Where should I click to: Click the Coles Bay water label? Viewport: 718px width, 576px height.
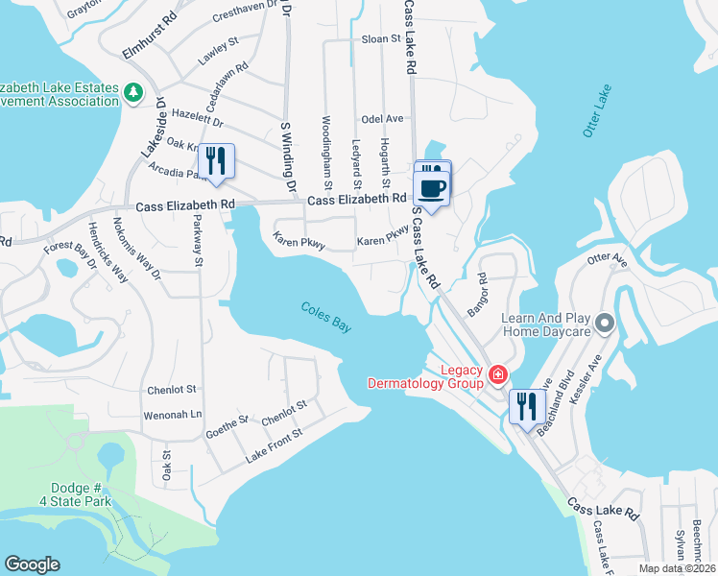coord(326,316)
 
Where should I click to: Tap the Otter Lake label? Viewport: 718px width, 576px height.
coord(597,111)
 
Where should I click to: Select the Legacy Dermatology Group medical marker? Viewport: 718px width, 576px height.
coord(498,374)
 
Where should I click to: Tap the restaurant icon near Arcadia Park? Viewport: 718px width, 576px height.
coord(216,161)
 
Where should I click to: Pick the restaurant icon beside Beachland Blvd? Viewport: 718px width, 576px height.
coord(527,407)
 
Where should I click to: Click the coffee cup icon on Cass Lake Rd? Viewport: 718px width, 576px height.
coord(433,186)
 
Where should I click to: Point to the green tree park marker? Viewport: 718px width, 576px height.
coord(133,92)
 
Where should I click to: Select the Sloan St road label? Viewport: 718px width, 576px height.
coord(380,39)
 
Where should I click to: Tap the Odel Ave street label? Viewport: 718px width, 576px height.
coord(381,118)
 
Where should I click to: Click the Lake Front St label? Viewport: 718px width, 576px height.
coord(274,444)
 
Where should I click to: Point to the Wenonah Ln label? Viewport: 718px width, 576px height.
coord(173,415)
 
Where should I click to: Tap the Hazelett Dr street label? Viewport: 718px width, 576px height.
coord(197,119)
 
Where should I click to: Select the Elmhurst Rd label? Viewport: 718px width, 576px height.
coord(151,36)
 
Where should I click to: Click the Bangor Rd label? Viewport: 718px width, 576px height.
coord(477,297)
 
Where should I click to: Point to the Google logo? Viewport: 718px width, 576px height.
coord(33,564)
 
